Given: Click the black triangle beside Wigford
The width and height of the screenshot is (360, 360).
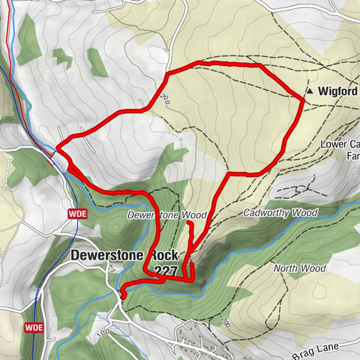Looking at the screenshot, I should pos(309,91).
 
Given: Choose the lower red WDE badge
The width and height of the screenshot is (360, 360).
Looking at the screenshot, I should pos(34,328).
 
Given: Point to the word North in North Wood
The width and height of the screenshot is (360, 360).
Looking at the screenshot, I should pos(285,268).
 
